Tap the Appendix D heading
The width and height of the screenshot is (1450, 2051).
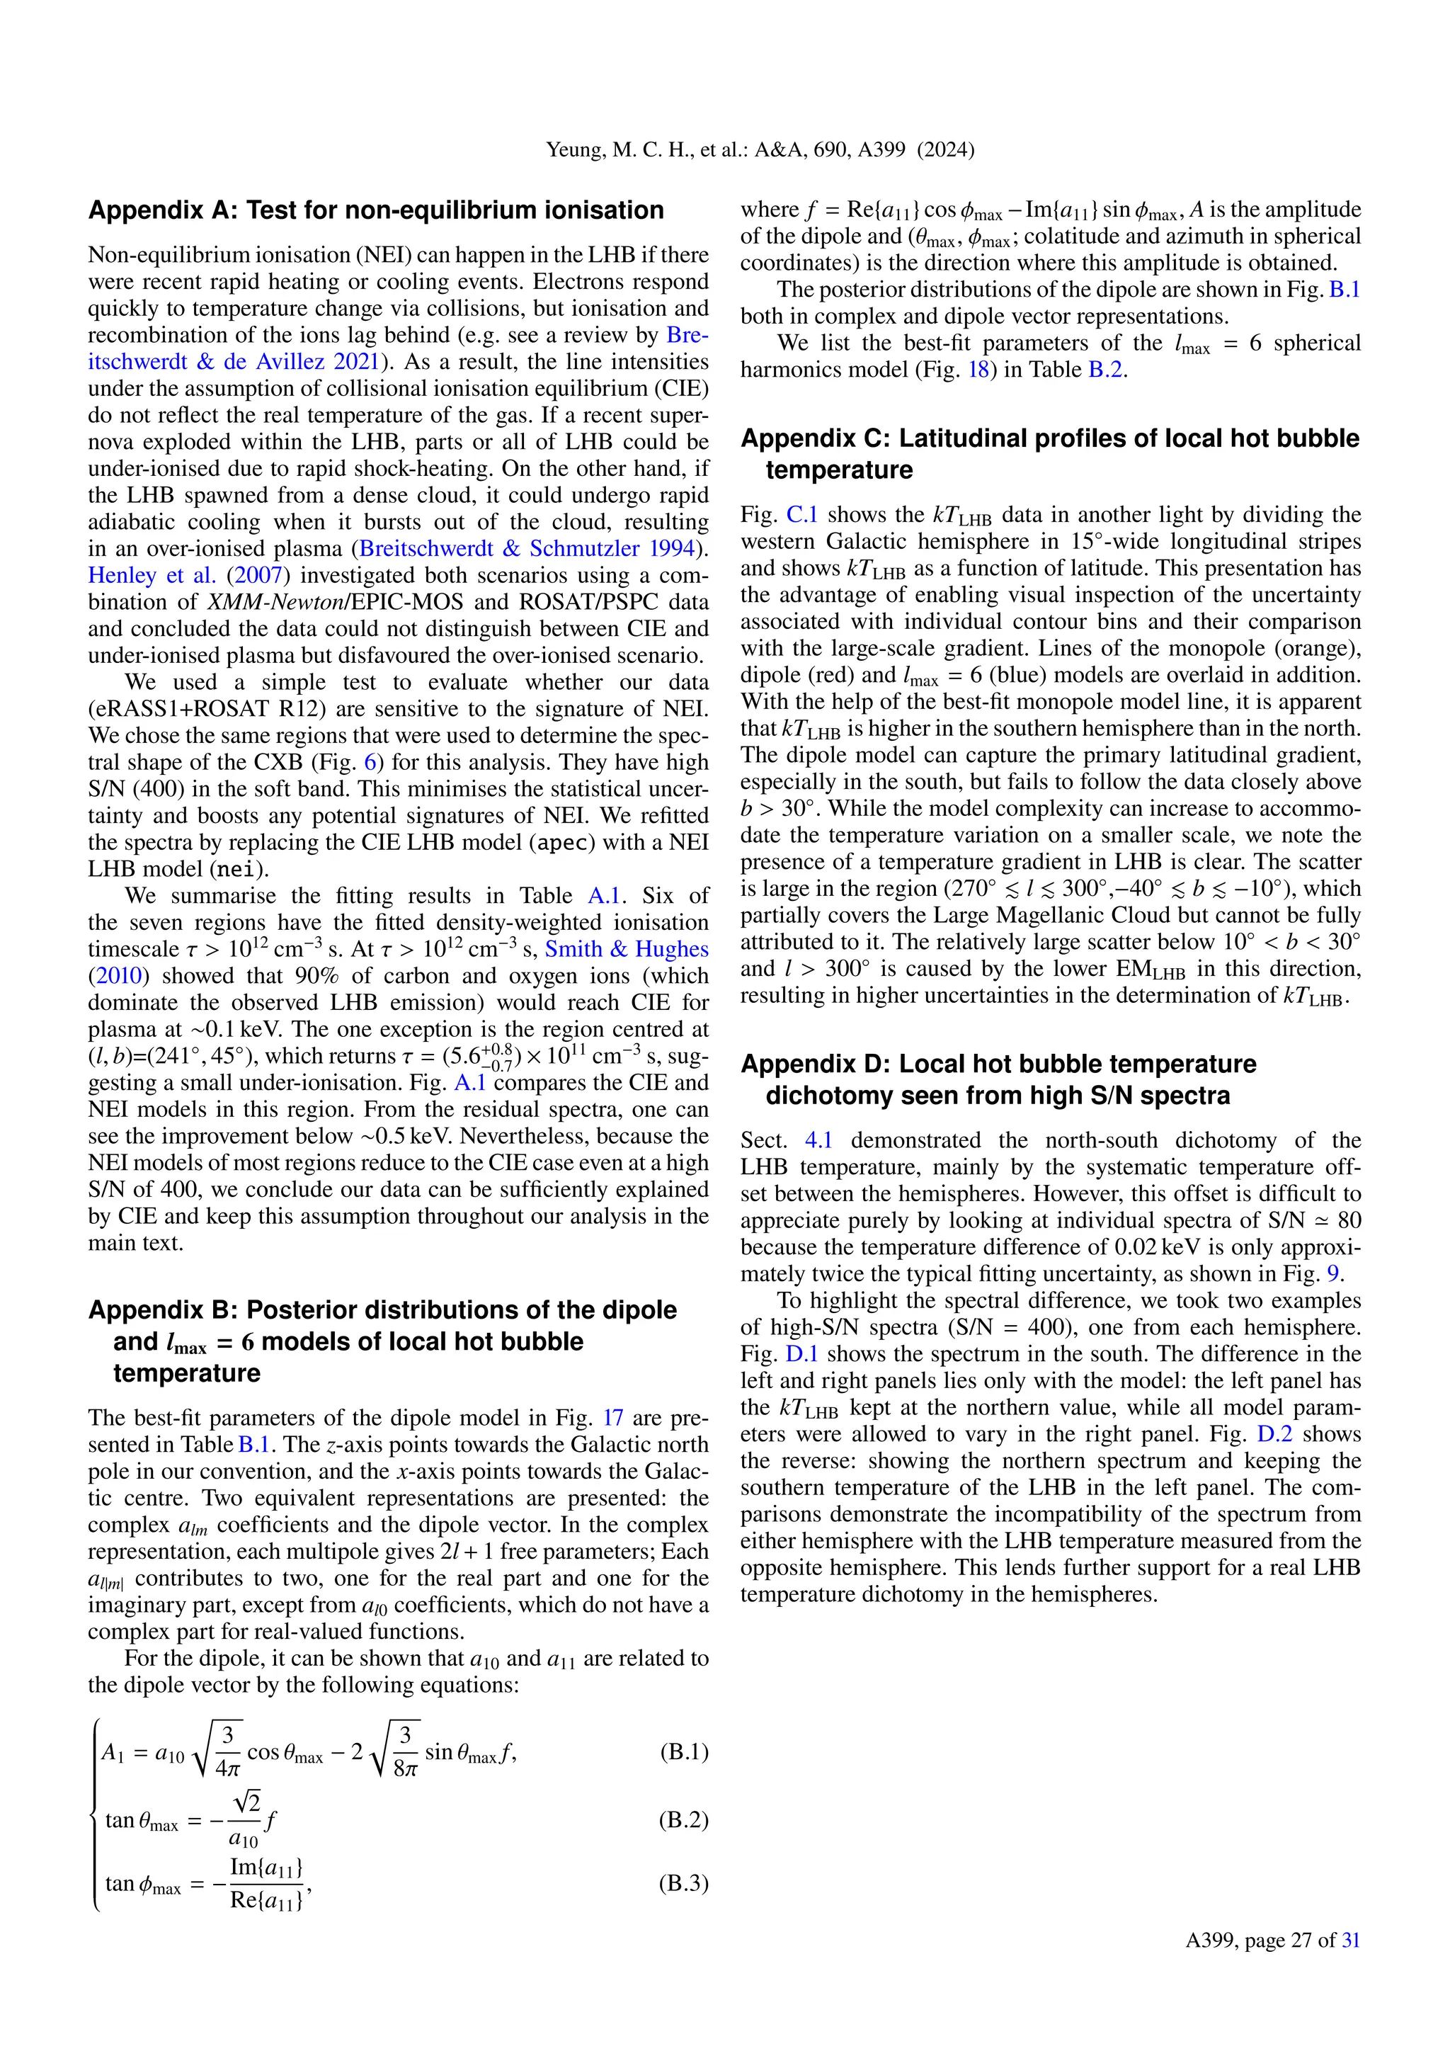998,1079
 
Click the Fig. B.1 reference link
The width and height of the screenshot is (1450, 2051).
1344,290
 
